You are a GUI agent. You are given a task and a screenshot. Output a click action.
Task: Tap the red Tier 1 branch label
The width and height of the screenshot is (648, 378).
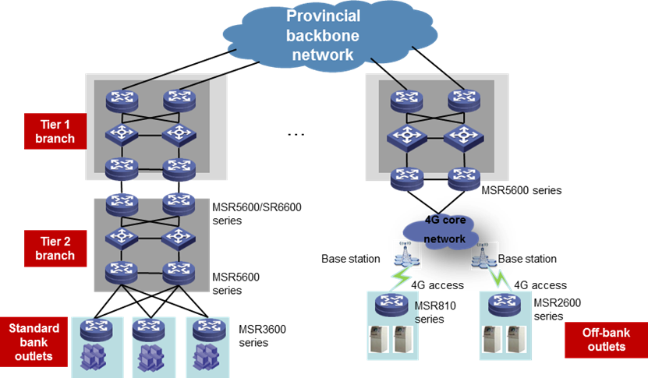coord(55,132)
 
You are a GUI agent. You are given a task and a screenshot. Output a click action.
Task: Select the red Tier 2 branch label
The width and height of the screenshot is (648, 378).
coord(55,249)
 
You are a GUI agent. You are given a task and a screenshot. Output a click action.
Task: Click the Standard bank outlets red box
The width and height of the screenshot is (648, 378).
coord(34,342)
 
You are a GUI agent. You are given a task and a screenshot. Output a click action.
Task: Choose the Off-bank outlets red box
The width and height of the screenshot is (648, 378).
coord(606,340)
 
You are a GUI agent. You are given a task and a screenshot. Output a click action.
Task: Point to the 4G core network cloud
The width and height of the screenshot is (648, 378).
coord(441,231)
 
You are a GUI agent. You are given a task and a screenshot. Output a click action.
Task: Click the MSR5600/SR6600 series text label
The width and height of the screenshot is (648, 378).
coord(257,214)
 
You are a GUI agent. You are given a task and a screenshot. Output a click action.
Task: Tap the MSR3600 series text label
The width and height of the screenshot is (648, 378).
coord(263,336)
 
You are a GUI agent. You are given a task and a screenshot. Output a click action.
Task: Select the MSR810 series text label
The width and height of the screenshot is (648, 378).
coord(435,313)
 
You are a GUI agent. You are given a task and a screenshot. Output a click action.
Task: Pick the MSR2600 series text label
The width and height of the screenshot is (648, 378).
coord(557,309)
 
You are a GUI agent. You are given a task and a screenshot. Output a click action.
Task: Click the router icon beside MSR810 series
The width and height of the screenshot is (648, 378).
coord(391,305)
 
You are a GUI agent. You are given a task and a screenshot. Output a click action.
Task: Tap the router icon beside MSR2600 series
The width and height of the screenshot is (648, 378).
coord(505,305)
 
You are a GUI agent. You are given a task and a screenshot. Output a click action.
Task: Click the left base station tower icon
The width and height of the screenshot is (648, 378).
coord(406,253)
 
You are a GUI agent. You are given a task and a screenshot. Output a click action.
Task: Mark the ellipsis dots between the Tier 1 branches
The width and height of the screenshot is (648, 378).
coord(296,134)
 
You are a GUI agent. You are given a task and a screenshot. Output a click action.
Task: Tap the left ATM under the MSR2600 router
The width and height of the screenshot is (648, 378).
coord(492,339)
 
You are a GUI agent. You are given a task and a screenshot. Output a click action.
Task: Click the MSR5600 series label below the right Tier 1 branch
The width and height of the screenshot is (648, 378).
coord(522,190)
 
